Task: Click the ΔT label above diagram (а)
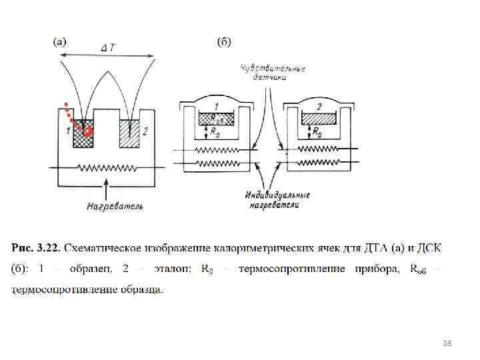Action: (x=109, y=49)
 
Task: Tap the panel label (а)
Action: (x=59, y=42)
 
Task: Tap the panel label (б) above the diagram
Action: (x=224, y=42)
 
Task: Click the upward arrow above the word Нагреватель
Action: (x=107, y=187)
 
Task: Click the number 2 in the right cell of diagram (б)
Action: (x=319, y=106)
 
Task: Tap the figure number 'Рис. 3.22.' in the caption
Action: (x=36, y=249)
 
